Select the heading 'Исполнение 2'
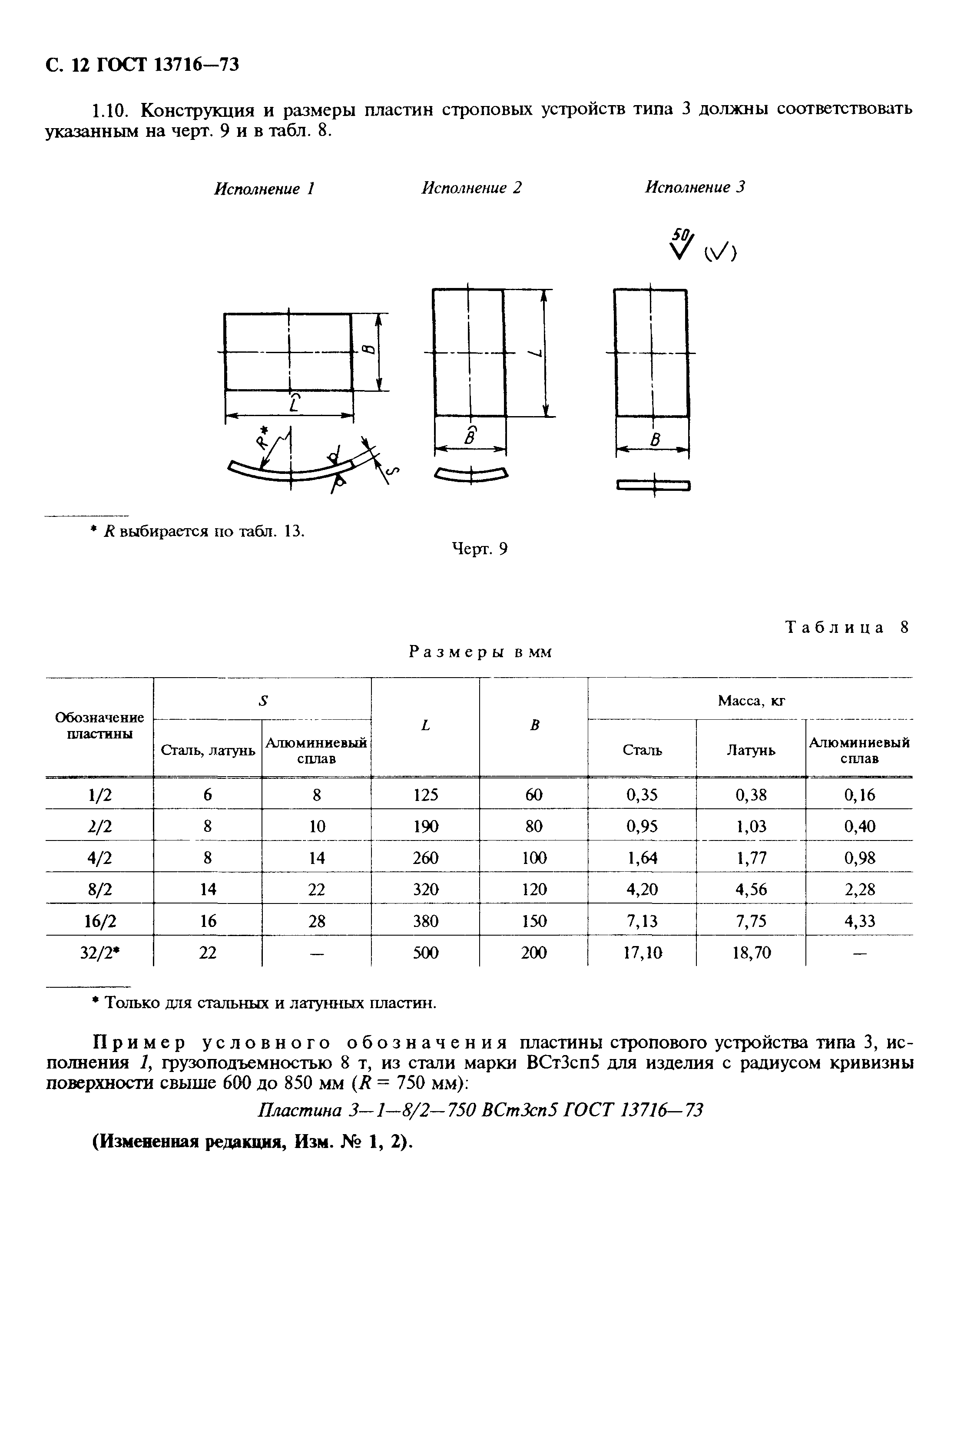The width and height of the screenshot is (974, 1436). pyautogui.click(x=471, y=187)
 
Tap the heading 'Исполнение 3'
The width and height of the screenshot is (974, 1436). pyautogui.click(x=695, y=187)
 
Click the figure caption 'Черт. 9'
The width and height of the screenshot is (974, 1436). pyautogui.click(x=480, y=549)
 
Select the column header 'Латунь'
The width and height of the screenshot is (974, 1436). pyautogui.click(x=751, y=750)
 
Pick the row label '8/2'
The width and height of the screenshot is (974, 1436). pyautogui.click(x=100, y=889)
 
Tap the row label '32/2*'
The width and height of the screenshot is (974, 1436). pyautogui.click(x=100, y=953)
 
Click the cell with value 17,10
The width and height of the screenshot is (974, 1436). pyautogui.click(x=643, y=953)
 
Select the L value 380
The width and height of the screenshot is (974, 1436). pyautogui.click(x=426, y=921)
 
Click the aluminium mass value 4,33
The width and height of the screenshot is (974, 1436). pyautogui.click(x=860, y=921)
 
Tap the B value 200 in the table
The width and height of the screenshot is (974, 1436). pyautogui.click(x=534, y=953)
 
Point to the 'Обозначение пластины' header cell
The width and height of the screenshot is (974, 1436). pyautogui.click(x=100, y=725)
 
